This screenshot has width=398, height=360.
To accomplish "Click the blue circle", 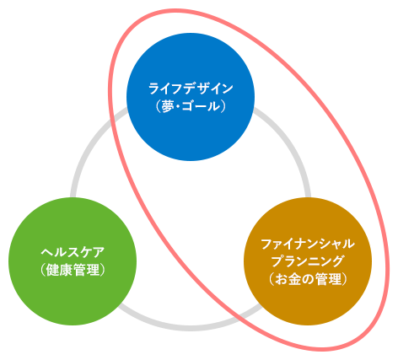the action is tap(191, 97).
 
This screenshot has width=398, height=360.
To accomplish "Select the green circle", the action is tap(73, 261).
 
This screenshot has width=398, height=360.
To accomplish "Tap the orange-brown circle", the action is tap(308, 261).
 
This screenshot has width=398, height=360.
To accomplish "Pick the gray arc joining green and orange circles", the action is tap(190, 328).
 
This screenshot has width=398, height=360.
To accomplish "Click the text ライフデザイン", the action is tap(191, 89).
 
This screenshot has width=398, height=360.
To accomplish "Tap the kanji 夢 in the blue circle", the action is tap(168, 106).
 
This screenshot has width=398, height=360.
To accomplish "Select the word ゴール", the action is tap(201, 106).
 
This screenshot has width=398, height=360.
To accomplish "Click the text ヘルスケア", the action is tap(73, 252).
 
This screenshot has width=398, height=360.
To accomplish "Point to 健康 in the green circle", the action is tap(59, 270).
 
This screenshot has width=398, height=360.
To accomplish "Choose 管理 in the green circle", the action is tap(86, 270).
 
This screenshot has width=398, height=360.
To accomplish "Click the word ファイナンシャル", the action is tap(308, 244).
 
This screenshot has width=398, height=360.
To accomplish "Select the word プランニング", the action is tap(308, 261).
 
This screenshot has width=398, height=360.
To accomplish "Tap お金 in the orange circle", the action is tap(288, 279).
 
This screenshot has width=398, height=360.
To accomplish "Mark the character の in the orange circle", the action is tap(308, 279).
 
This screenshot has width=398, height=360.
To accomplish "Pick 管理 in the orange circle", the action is tap(328, 279).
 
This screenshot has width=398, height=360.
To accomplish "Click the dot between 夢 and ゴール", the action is tap(178, 107).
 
